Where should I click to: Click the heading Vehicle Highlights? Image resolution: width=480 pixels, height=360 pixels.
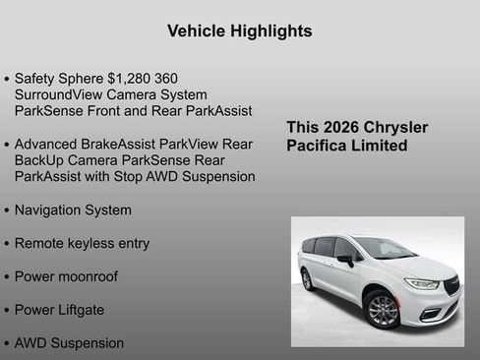[x=240, y=30]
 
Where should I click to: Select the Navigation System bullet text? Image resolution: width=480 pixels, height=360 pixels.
[x=73, y=210]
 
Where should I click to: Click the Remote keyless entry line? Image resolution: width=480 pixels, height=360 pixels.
[x=82, y=243]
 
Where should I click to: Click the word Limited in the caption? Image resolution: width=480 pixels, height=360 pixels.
[x=382, y=146]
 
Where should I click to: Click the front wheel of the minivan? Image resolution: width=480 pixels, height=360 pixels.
[x=382, y=310]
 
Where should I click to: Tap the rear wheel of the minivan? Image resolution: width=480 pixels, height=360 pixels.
[x=308, y=279]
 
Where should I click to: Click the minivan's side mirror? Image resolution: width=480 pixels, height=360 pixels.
[x=347, y=261]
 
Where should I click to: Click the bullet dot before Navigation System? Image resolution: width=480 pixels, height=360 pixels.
[x=7, y=210]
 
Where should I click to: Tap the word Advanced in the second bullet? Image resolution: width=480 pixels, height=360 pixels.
[x=46, y=144]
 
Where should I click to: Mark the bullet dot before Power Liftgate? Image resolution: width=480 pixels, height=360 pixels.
[x=7, y=311]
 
